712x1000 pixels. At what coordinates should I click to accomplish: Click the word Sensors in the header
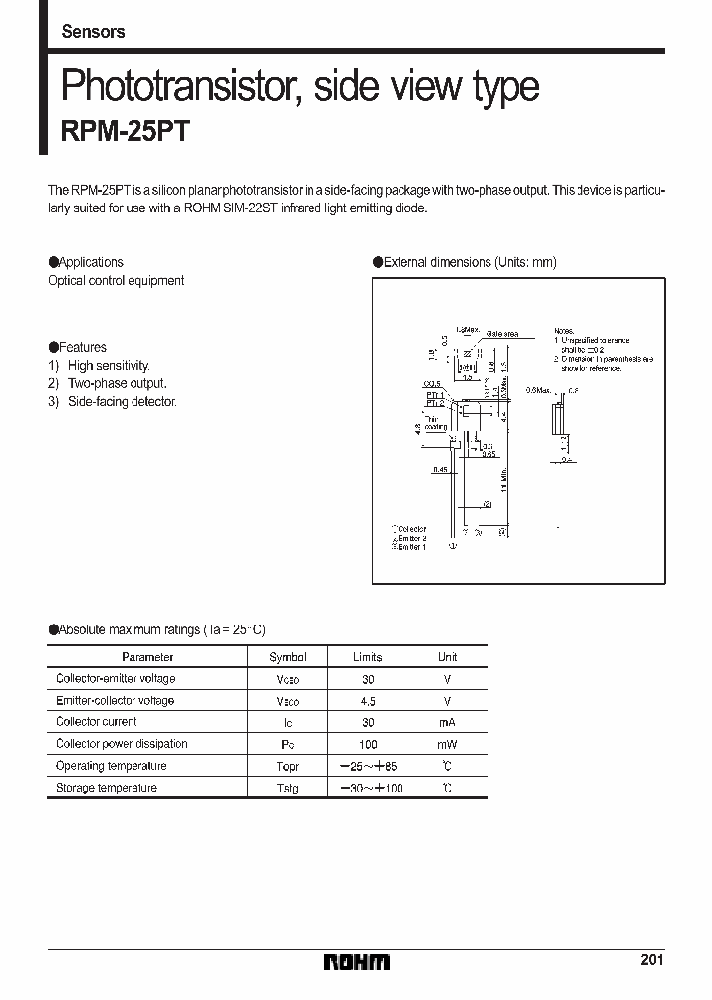[93, 32]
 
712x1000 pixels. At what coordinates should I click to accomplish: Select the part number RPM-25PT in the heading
[125, 133]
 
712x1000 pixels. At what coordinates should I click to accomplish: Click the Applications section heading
[90, 262]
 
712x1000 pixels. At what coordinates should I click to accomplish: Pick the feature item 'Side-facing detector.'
[122, 402]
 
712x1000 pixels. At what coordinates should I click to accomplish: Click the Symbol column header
[288, 657]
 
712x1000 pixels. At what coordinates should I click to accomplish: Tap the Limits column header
[367, 657]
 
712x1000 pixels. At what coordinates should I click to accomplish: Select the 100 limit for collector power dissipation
[367, 744]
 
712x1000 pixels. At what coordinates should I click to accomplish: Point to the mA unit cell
[447, 722]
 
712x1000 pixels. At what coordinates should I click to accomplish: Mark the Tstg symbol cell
[288, 789]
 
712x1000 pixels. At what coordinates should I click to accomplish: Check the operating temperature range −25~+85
[367, 767]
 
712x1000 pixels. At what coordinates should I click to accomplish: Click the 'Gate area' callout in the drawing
[502, 334]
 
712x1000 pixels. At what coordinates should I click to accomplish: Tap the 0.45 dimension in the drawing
[441, 470]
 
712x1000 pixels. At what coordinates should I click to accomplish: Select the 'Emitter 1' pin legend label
[411, 546]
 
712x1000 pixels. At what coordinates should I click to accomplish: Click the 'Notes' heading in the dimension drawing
[563, 331]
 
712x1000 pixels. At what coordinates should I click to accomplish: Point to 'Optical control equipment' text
[117, 281]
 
